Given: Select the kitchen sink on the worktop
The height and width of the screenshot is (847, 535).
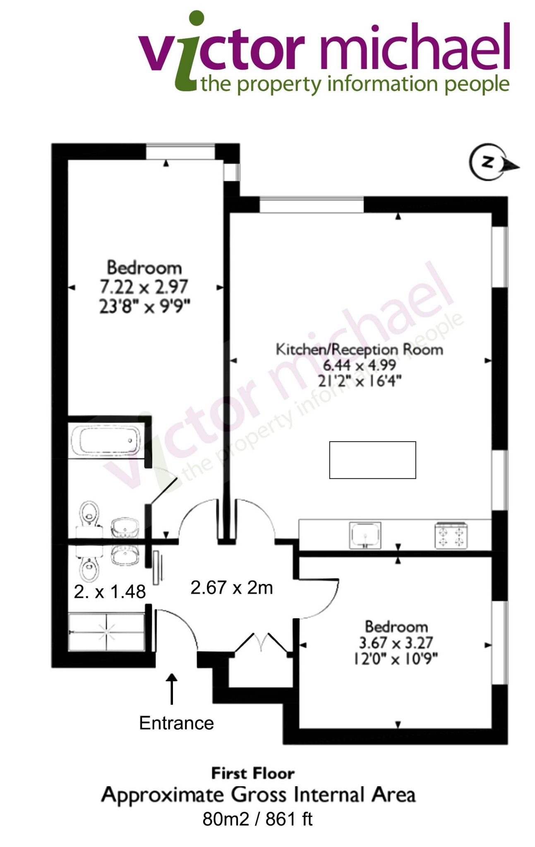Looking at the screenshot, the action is click(x=365, y=535).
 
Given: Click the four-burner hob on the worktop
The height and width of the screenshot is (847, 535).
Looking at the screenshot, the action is click(x=451, y=535).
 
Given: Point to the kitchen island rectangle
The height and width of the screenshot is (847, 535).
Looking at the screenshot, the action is click(x=372, y=460).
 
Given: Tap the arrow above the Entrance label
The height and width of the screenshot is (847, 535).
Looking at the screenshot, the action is click(x=172, y=689).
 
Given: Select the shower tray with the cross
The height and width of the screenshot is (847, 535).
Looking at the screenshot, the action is click(x=106, y=632).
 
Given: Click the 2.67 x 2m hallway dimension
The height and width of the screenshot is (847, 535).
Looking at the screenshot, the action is click(x=232, y=588).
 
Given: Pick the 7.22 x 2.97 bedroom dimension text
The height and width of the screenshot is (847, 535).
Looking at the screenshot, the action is click(x=144, y=287).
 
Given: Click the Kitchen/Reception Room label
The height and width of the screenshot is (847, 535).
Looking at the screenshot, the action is click(x=359, y=349).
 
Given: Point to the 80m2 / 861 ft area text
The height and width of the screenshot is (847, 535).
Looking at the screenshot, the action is click(x=257, y=819).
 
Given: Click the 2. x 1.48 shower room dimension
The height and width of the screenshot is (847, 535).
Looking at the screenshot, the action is click(x=110, y=592).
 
